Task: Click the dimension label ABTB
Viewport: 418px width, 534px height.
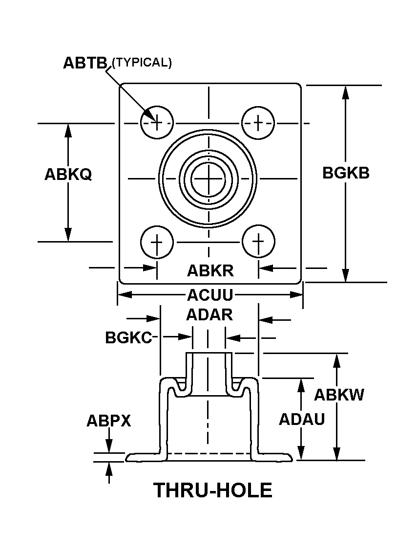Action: point(85,63)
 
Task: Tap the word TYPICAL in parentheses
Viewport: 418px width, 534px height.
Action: point(142,63)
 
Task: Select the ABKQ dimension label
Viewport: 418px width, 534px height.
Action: point(68,175)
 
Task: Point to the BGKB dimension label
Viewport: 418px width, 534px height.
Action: point(346,173)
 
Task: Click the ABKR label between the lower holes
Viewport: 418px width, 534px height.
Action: point(210,270)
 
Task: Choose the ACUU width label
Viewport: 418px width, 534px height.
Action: point(210,295)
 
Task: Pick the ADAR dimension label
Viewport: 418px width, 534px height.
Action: point(209,315)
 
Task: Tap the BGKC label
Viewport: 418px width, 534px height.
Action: point(129,337)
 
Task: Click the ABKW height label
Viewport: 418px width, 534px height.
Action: point(339,395)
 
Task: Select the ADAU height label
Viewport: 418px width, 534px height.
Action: point(302,419)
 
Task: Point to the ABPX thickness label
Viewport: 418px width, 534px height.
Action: point(108,421)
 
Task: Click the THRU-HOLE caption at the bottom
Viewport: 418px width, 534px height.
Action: point(213,490)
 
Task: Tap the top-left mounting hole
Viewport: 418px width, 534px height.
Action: point(157,122)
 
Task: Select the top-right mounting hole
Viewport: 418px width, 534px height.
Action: point(258,122)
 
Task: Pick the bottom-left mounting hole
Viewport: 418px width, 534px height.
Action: point(157,242)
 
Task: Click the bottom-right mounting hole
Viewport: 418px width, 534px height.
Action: point(258,242)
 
